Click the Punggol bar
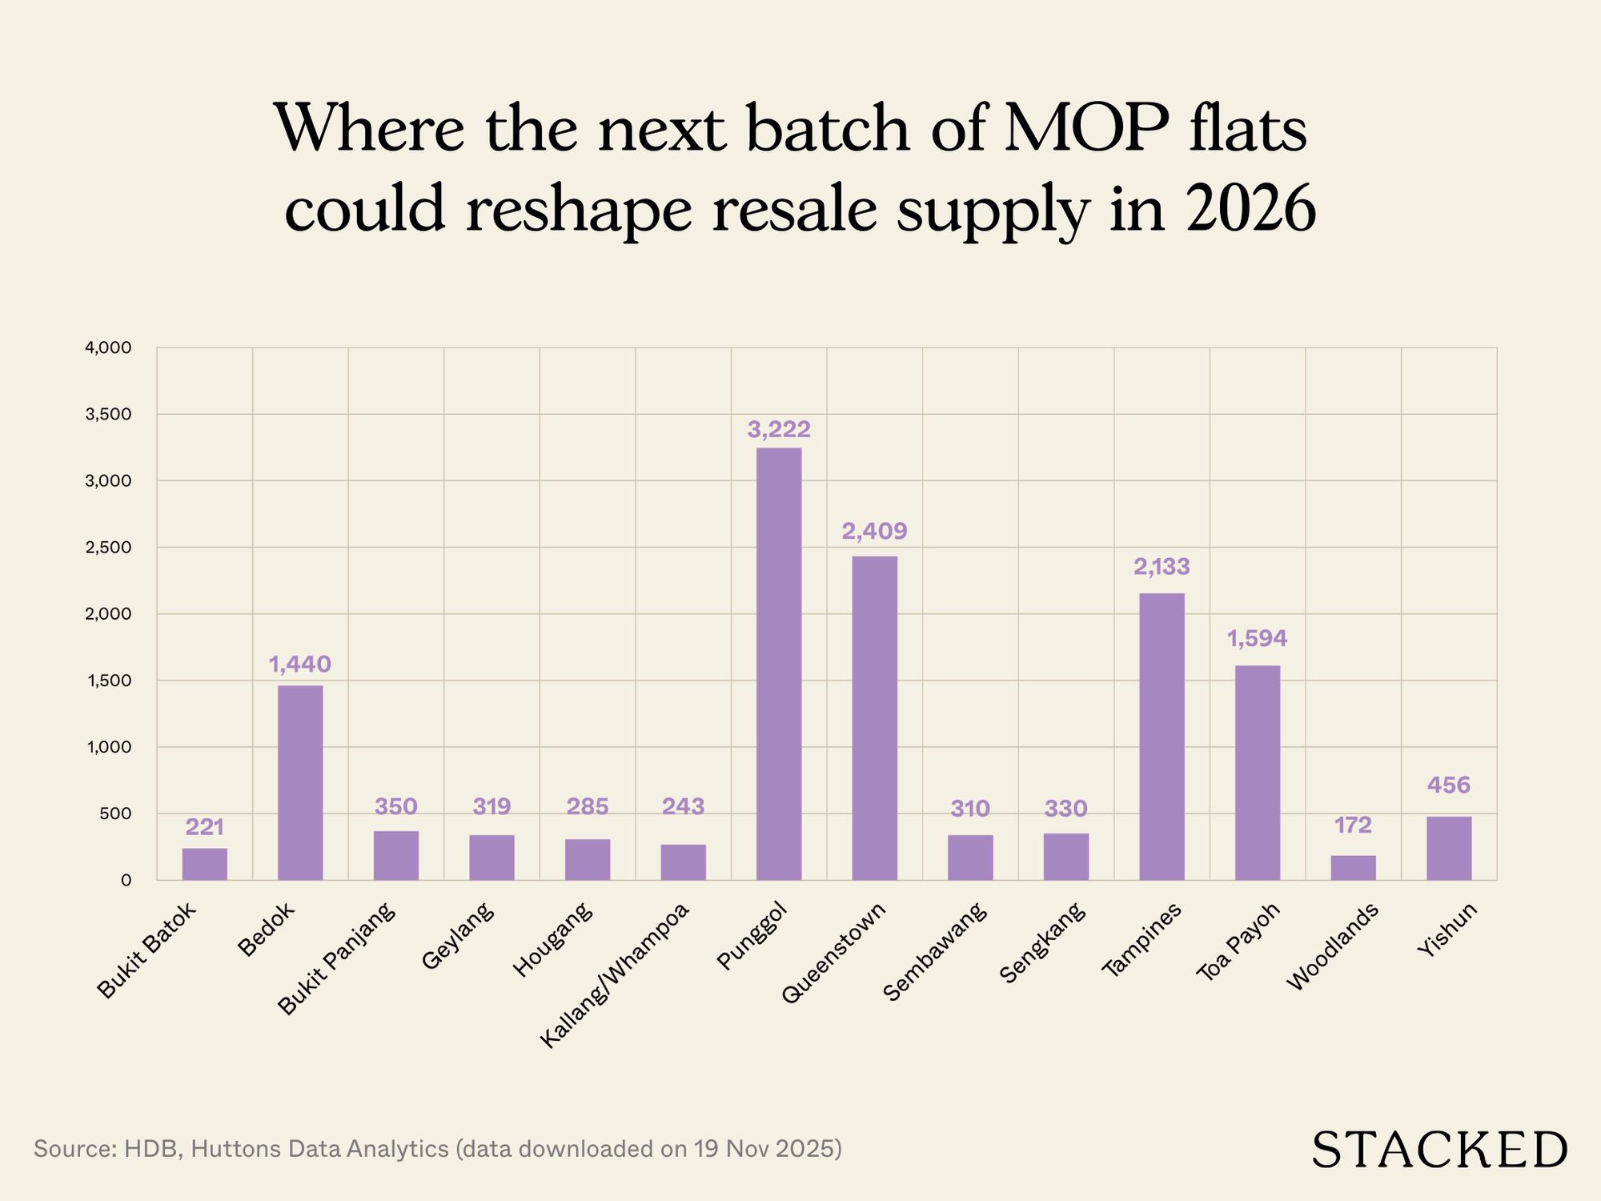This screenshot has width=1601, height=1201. pos(779,665)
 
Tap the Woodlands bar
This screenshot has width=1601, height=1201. pos(1353,868)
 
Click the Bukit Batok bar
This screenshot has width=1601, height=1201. pos(204,864)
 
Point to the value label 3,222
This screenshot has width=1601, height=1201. pos(779,430)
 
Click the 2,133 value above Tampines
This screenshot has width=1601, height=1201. pos(1162,567)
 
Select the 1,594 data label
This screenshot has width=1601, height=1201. pos(1257,639)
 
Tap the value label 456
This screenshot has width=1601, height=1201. pos(1449,785)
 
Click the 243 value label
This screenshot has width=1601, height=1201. pos(683,806)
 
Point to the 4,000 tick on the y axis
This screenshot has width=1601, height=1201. pos(109,348)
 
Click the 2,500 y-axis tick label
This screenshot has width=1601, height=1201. pos(109,548)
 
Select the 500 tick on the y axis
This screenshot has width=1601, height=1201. pos(116,813)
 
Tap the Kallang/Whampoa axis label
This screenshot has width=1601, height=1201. pos(615,975)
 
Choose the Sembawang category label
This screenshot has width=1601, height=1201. pos(935,951)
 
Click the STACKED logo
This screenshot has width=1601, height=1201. pos(1439,1151)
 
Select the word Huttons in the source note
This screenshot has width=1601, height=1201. pos(238,1149)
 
